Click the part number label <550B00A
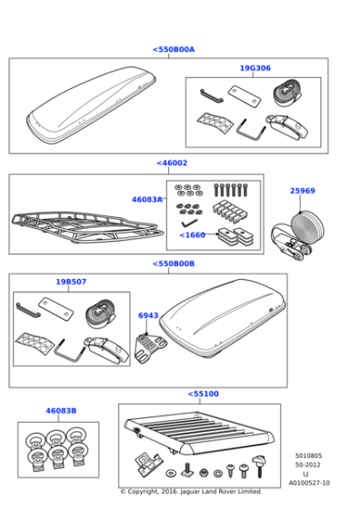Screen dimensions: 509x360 173,50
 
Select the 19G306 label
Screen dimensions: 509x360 255,68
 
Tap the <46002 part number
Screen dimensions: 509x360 172,164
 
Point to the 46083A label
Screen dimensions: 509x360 146,199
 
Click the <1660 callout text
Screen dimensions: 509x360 192,235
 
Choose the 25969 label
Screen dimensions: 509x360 302,191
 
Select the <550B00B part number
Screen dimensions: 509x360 173,264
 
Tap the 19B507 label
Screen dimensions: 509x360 71,282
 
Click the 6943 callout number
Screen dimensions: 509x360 147,315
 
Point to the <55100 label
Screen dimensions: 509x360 203,394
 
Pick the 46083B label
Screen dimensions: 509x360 62,411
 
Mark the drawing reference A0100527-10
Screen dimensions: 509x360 309,484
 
